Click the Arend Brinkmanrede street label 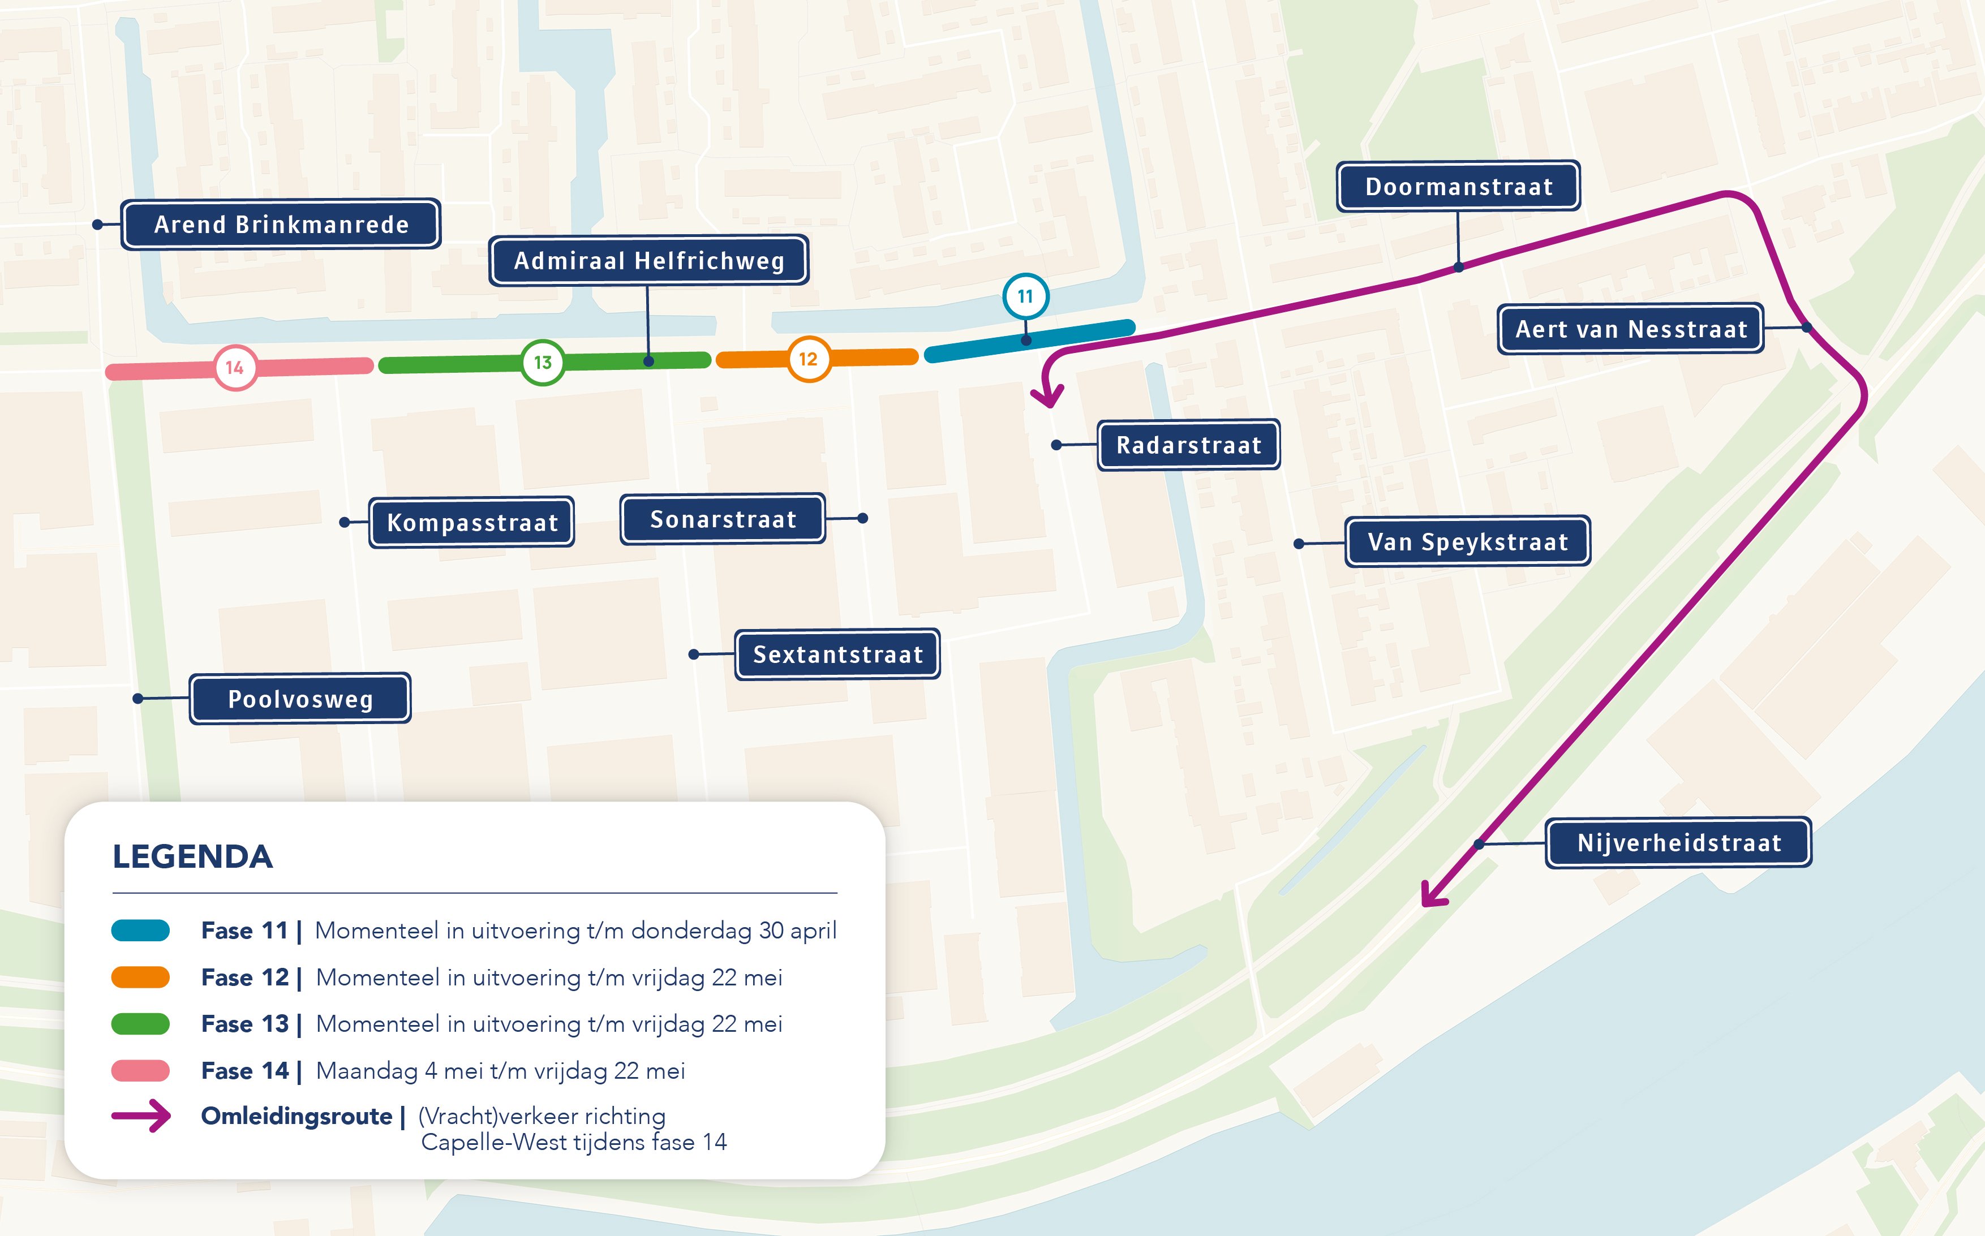281,224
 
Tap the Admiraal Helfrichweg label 649,261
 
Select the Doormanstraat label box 1459,186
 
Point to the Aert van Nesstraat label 1631,329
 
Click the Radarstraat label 1189,445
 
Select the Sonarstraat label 723,519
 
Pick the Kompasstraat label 472,522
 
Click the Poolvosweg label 300,699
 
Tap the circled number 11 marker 1025,296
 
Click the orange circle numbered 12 809,359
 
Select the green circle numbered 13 543,362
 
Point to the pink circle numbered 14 235,368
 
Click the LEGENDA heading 193,856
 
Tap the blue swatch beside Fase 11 141,931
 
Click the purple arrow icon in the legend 141,1116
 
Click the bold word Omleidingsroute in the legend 297,1117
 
